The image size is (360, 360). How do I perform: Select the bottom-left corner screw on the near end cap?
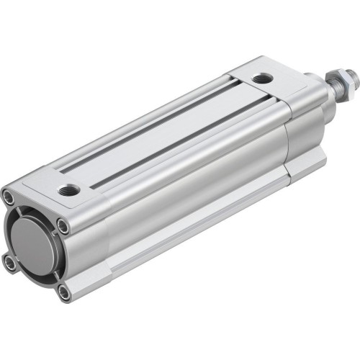(10, 263)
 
